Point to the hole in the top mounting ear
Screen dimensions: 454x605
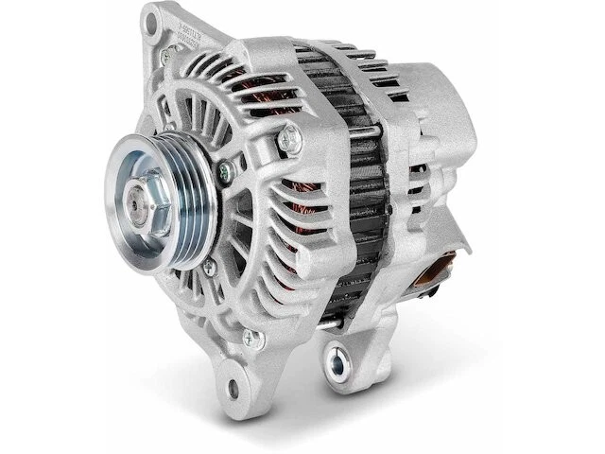click(x=152, y=19)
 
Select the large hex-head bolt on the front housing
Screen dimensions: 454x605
click(x=290, y=141)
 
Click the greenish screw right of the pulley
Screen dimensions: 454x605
click(x=226, y=172)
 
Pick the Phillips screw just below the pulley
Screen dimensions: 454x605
click(x=208, y=268)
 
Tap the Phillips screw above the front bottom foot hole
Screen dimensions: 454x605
click(x=251, y=337)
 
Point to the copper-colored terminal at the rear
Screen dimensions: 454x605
click(x=434, y=273)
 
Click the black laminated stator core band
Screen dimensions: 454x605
click(x=365, y=189)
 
